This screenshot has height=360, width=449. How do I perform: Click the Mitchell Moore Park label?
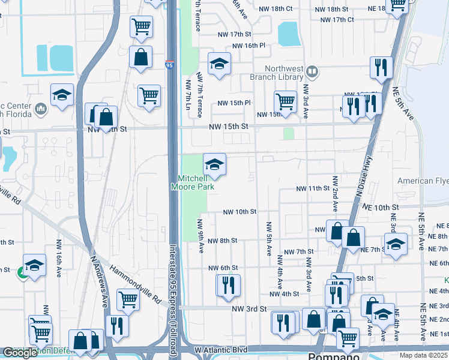click(x=196, y=182)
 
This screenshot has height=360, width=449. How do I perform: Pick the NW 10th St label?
click(x=240, y=212)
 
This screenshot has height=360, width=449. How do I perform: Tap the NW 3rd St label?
click(x=249, y=309)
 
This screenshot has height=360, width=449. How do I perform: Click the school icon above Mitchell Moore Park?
click(x=214, y=164)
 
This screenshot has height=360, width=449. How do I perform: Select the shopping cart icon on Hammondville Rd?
click(x=128, y=299)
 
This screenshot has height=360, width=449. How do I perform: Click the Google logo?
click(x=20, y=352)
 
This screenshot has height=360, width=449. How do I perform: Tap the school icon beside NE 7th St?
click(x=395, y=244)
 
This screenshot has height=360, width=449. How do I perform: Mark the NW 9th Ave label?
click(x=200, y=235)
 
